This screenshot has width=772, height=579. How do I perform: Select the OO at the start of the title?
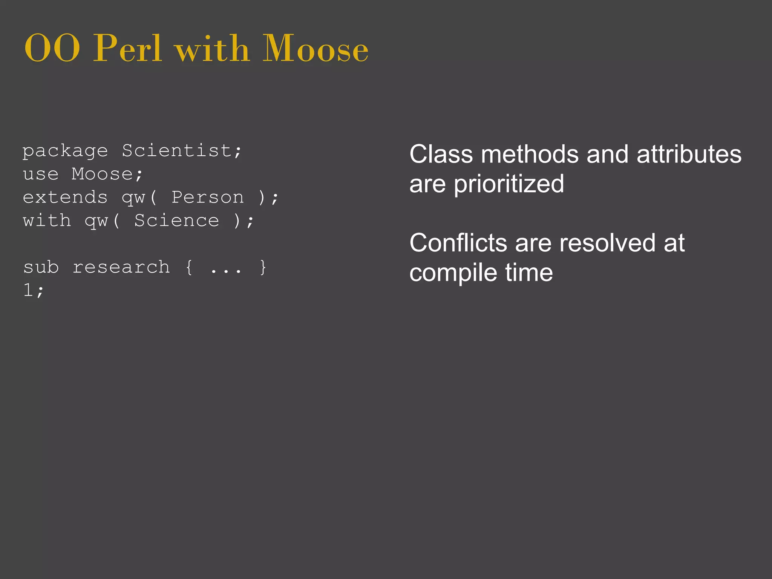(x=52, y=49)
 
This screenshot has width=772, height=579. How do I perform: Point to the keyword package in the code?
(x=65, y=152)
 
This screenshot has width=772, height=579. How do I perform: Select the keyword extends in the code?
(x=65, y=198)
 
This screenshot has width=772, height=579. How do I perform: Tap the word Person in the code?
(x=208, y=198)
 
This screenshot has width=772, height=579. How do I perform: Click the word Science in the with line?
(x=176, y=221)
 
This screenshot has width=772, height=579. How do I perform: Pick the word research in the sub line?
(x=121, y=267)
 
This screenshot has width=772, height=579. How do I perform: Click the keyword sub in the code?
(x=41, y=267)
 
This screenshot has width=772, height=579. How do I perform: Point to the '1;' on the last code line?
(x=34, y=291)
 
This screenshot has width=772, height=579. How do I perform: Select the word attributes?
(x=689, y=154)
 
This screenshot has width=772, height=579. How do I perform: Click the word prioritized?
(x=509, y=184)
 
